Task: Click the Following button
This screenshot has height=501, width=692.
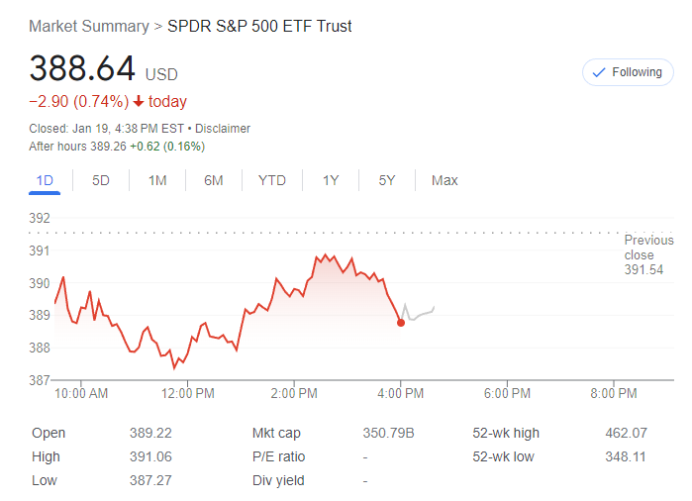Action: click(x=628, y=72)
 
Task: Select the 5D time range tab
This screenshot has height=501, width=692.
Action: click(x=101, y=180)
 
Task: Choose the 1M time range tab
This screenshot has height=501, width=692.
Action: click(x=157, y=180)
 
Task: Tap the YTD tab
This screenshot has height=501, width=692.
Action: click(x=271, y=180)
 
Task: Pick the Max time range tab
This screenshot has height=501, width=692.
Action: click(x=445, y=180)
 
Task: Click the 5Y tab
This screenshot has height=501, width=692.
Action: click(x=387, y=180)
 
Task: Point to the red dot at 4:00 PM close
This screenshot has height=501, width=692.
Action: click(x=401, y=323)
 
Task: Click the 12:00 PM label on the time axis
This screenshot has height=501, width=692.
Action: click(x=188, y=393)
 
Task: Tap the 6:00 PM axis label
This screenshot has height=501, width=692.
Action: click(x=507, y=393)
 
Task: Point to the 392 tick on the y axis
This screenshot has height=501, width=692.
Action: click(x=40, y=218)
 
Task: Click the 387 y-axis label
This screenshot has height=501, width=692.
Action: click(x=40, y=380)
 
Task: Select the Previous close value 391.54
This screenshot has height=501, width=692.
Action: click(x=643, y=269)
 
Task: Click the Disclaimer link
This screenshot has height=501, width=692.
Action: click(x=223, y=129)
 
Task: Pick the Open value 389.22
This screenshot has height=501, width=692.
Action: click(x=150, y=433)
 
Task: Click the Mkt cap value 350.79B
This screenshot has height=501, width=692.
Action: click(x=388, y=433)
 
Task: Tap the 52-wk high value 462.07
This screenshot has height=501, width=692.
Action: click(x=626, y=433)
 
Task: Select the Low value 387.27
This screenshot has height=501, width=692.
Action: click(x=150, y=480)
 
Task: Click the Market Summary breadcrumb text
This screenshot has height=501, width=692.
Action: click(x=88, y=26)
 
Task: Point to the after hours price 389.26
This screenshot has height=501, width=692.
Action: click(x=109, y=147)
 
